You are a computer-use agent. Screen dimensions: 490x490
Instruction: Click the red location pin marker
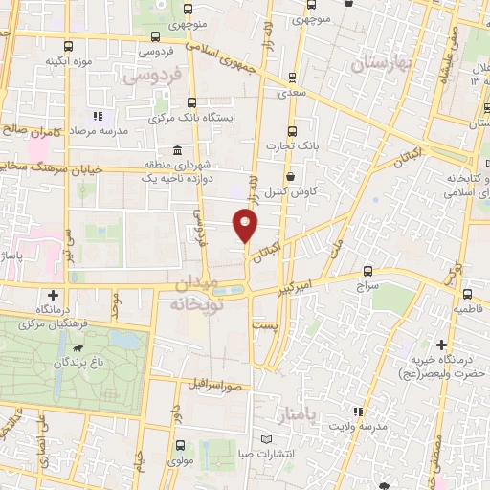[x=247, y=226]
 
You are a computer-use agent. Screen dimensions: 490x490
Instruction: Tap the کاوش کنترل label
[x=311, y=191]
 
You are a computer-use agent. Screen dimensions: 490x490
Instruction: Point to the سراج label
[x=369, y=284]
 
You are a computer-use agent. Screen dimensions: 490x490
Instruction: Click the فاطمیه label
[x=468, y=311]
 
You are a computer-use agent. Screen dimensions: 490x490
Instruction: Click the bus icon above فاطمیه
[x=468, y=295]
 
